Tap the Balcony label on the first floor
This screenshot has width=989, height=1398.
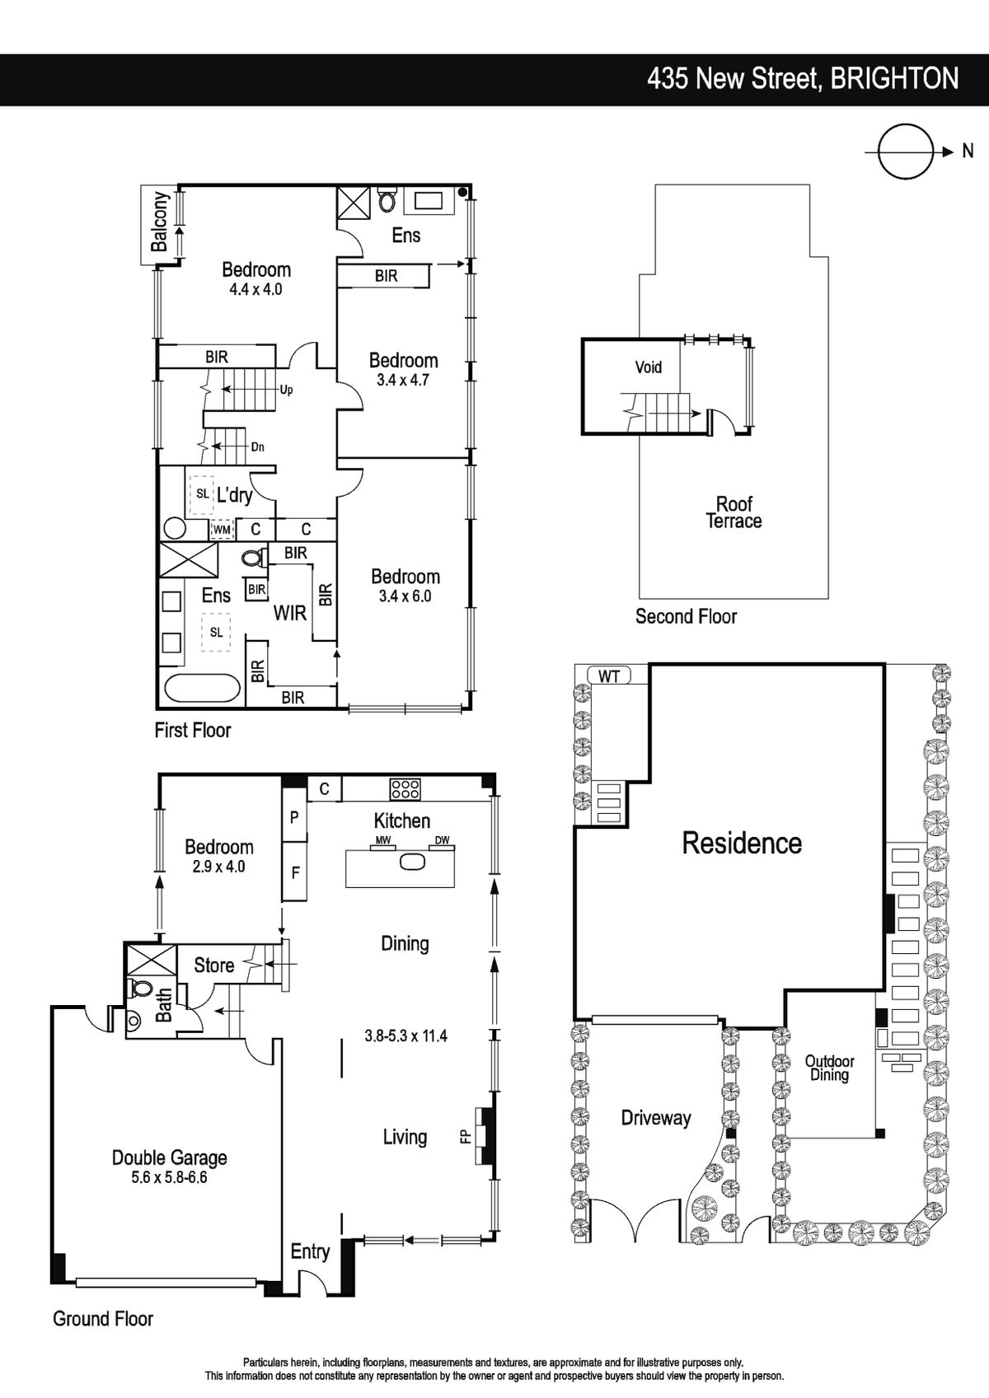[x=160, y=222]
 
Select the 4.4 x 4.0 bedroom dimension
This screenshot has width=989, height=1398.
[x=255, y=290]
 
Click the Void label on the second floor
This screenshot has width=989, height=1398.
[x=648, y=367]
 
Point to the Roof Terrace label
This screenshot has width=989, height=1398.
[x=734, y=512]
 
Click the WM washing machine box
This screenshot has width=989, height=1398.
[x=222, y=530]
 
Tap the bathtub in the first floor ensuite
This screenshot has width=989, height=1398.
[x=201, y=689]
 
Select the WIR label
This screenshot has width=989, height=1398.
[x=290, y=613]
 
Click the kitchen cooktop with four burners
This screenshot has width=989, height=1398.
[x=405, y=788]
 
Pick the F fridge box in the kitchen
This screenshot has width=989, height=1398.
[x=295, y=872]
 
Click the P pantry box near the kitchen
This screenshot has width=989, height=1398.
[x=295, y=816]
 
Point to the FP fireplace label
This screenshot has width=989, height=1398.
[x=465, y=1137]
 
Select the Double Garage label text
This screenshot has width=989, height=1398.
[x=169, y=1157]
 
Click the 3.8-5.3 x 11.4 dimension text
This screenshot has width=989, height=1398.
[x=405, y=1036]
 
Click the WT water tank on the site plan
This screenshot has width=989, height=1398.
[x=609, y=676]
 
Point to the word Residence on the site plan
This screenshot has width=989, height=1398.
[x=742, y=843]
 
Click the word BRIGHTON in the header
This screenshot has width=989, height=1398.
[x=895, y=79]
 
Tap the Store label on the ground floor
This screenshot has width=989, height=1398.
[x=213, y=965]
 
